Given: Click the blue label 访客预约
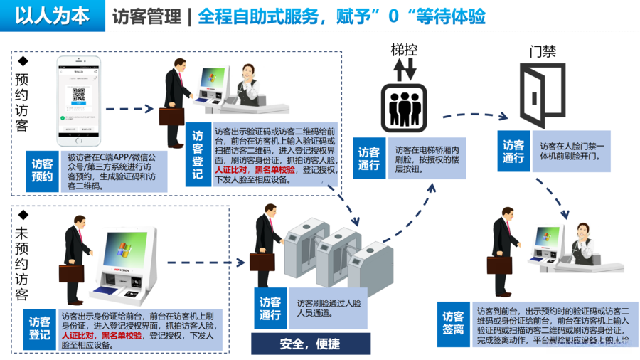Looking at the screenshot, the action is [x=42, y=171].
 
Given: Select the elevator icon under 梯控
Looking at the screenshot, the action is [x=404, y=107].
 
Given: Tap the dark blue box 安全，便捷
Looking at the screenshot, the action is [x=310, y=344].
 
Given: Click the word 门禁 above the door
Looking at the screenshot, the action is [x=543, y=52].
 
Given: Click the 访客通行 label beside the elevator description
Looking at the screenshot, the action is [x=369, y=159].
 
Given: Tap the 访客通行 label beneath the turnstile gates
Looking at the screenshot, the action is [x=270, y=307].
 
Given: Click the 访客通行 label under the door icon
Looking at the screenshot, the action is [x=513, y=152].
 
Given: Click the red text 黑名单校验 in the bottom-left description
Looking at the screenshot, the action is [x=122, y=335].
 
